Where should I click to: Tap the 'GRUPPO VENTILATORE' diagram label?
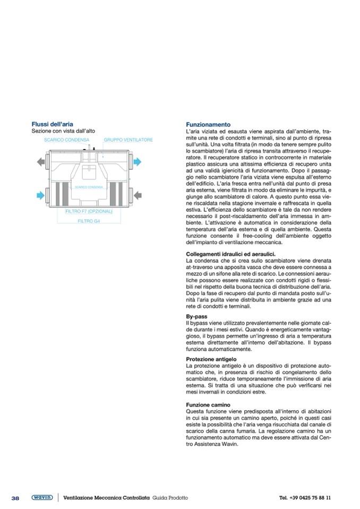pyautogui.click(x=128, y=140)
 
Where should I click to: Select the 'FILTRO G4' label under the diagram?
pyautogui.click(x=89, y=220)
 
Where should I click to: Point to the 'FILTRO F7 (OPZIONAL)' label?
pyautogui.click(x=89, y=211)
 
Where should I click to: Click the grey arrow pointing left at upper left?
pyautogui.click(x=41, y=161)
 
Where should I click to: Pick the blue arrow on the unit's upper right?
pyautogui.click(x=138, y=161)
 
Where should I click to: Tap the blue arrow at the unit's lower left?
pyautogui.click(x=41, y=195)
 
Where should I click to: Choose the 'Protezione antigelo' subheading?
pyautogui.click(x=211, y=359)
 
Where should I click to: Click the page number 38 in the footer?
pyautogui.click(x=15, y=498)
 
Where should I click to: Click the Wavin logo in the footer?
pyautogui.click(x=41, y=497)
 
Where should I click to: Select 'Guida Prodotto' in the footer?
pyautogui.click(x=170, y=498)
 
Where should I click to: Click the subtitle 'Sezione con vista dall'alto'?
pyautogui.click(x=58, y=131)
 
